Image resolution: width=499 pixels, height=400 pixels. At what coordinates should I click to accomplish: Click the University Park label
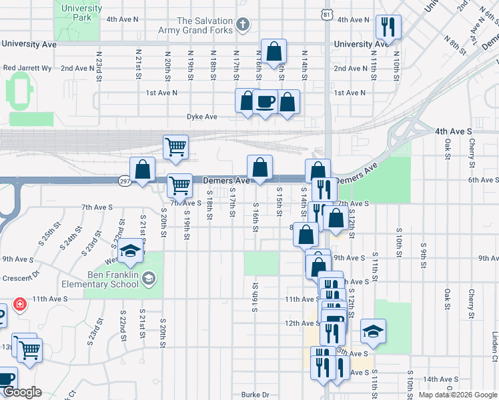tap(81, 13)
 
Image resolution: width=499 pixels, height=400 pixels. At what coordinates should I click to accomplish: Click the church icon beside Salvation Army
tap(243, 26)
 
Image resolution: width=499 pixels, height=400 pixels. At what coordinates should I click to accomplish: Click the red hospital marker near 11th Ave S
tap(19, 304)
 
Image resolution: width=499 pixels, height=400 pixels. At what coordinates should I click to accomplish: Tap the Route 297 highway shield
tap(125, 181)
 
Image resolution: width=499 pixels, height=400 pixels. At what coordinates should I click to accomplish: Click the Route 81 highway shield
tap(326, 14)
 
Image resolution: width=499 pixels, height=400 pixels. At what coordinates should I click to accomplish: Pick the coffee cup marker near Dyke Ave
tap(266, 101)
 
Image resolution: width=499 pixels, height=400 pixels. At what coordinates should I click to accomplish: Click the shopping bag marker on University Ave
tap(274, 51)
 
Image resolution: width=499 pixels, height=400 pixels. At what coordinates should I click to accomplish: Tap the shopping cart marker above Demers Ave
tap(176, 147)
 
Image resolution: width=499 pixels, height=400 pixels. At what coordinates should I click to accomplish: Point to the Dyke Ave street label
tap(202, 117)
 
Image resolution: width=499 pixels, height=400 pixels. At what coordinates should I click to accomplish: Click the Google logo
tap(21, 392)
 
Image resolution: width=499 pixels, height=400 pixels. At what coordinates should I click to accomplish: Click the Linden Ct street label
tap(495, 344)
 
